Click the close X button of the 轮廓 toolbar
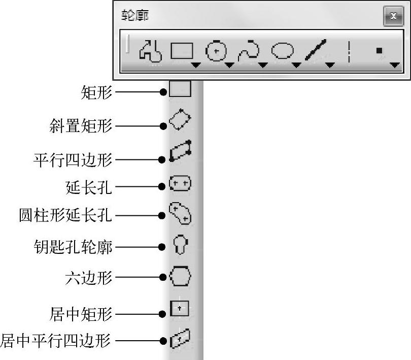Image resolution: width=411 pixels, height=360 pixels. point(393,16)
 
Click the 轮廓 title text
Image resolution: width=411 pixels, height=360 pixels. point(133,16)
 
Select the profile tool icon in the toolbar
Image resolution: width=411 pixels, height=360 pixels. point(150,51)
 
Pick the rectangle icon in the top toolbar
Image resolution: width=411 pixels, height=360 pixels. point(182,51)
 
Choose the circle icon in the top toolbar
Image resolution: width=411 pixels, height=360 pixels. point(215,51)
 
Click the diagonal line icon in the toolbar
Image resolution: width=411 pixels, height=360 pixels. point(316,51)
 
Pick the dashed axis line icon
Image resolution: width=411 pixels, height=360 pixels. point(349,51)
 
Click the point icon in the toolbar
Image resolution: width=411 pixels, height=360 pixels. point(379,50)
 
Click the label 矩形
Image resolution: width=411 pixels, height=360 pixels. point(96,92)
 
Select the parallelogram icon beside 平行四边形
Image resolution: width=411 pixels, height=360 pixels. point(181,151)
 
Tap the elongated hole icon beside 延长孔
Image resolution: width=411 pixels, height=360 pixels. point(181,184)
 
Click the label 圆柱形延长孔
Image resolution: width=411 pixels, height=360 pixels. point(65,216)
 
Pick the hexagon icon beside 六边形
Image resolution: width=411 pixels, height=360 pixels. point(180,277)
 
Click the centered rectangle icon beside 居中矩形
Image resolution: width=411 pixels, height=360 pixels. point(180,309)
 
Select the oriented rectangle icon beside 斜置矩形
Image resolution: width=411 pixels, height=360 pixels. point(180,121)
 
